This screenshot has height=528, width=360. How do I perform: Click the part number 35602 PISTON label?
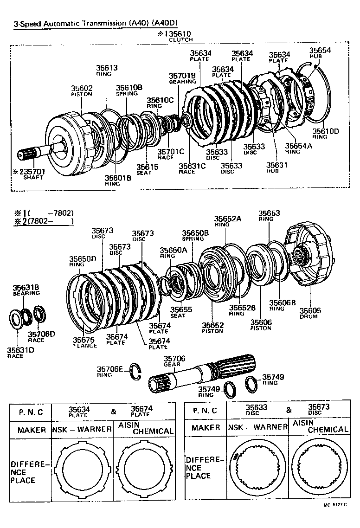click(82, 90)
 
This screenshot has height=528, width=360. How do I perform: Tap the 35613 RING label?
click(107, 70)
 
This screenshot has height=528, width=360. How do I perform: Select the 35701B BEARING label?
click(182, 77)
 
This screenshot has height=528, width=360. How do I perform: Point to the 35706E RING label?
click(109, 371)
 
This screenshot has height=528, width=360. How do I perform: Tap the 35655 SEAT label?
click(178, 311)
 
